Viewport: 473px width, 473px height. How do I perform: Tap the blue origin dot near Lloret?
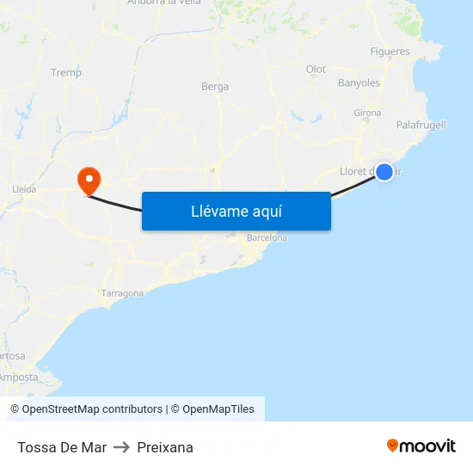(x=384, y=172)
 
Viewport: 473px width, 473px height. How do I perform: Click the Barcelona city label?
(x=267, y=237)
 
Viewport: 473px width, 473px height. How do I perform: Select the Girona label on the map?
(x=367, y=113)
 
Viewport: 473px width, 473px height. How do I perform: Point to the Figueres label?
(x=390, y=52)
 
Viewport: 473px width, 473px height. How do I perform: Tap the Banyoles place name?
(x=359, y=83)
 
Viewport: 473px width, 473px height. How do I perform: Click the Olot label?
(x=316, y=70)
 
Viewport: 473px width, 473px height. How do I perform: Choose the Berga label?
(x=215, y=87)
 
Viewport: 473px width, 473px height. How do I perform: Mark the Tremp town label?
(x=66, y=73)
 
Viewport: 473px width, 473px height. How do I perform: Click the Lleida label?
(x=24, y=187)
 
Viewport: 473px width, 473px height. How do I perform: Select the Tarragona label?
(x=123, y=293)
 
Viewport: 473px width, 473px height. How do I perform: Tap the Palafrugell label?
(x=421, y=125)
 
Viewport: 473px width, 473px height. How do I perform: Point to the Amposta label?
(x=19, y=377)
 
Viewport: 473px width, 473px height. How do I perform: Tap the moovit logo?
(x=421, y=445)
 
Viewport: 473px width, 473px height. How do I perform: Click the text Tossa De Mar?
(x=62, y=447)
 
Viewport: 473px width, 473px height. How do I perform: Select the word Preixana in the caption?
(x=165, y=447)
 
